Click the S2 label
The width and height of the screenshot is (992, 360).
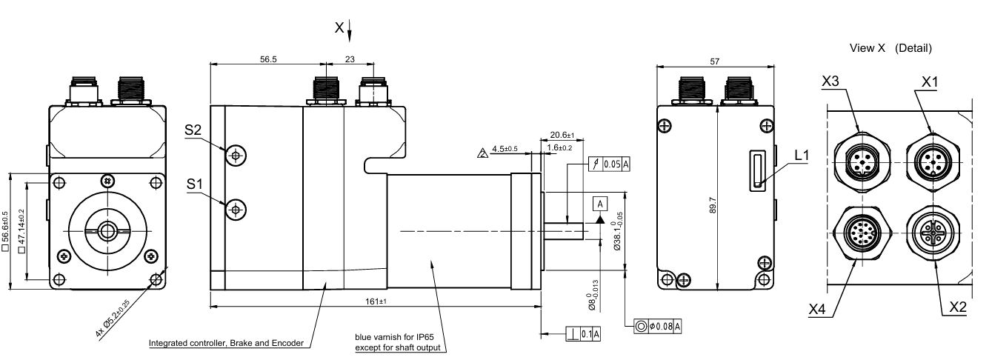coord(193,130)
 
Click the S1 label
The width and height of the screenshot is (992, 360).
coord(194,184)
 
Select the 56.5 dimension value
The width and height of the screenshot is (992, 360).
coord(268,59)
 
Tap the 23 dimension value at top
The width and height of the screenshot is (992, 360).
coord(350,59)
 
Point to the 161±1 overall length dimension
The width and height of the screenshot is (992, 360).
coord(376,301)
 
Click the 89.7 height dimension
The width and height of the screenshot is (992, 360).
coord(713,205)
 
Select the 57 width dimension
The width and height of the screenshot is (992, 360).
coord(715,61)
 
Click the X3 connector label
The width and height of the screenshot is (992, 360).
coord(830,81)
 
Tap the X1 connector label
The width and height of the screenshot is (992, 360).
coord(930,81)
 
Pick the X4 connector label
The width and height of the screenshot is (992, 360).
coord(817,309)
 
